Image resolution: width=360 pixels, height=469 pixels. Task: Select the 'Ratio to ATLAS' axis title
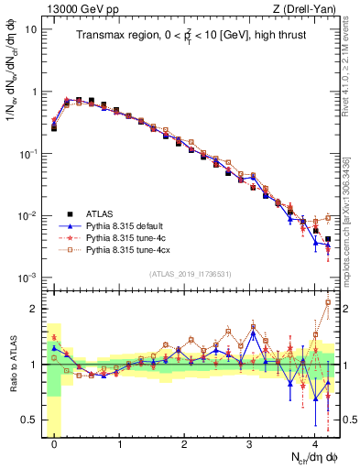pos(15,365)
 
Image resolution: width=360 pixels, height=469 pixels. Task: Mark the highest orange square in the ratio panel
pos(328,302)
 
